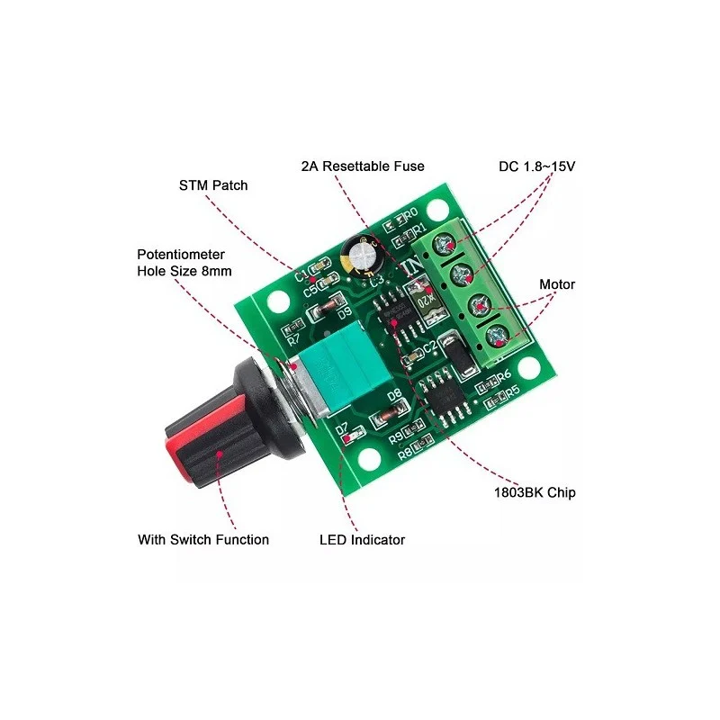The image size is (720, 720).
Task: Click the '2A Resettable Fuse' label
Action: pyautogui.click(x=363, y=166)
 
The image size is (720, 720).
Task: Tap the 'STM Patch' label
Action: pyautogui.click(x=213, y=185)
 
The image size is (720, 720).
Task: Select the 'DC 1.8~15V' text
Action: pyautogui.click(x=536, y=166)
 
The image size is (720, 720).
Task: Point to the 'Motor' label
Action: pyautogui.click(x=557, y=284)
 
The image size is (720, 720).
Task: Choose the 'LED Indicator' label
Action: pyautogui.click(x=362, y=540)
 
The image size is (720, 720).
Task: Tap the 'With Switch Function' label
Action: pyautogui.click(x=203, y=540)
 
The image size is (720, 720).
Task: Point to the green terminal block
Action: pyautogui.click(x=472, y=292)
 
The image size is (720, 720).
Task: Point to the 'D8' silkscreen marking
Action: pyautogui.click(x=394, y=396)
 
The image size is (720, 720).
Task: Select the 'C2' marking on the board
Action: pyautogui.click(x=429, y=345)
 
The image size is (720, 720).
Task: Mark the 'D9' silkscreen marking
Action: pyautogui.click(x=343, y=314)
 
